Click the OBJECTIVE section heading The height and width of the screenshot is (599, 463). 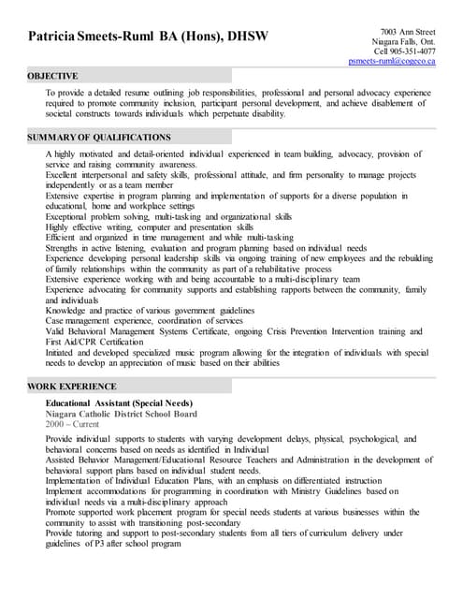(52, 75)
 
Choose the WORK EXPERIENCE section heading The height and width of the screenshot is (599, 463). (71, 387)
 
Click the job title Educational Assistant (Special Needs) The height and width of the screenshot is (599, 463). (118, 403)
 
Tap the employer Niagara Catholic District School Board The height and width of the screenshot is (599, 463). (122, 413)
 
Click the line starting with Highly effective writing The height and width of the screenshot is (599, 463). (149, 226)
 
